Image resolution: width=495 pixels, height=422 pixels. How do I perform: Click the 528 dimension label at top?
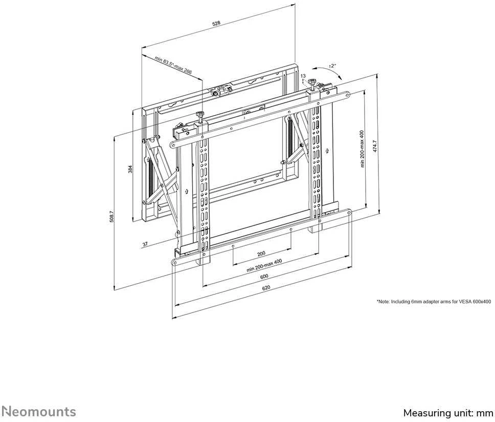tap(216, 23)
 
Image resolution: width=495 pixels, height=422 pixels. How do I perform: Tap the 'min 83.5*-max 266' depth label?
tap(173, 65)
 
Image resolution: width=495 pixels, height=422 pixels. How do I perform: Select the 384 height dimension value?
tap(130, 170)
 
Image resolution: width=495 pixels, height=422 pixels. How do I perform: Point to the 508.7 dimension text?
tap(111, 217)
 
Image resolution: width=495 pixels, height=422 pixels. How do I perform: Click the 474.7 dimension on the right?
tap(375, 146)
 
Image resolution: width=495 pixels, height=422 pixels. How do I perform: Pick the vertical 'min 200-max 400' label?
tap(362, 149)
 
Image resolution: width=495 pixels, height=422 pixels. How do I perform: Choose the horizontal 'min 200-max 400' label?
tap(264, 265)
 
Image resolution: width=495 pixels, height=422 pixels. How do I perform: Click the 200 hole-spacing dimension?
tap(261, 254)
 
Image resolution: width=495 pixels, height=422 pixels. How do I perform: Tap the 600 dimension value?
tap(264, 276)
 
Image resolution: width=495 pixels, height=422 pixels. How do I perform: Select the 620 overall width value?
tap(266, 288)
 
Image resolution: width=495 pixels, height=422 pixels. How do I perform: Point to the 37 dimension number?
tap(145, 244)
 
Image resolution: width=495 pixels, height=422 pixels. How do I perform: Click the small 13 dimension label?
tap(303, 76)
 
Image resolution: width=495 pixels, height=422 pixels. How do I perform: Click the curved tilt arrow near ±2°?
tap(328, 70)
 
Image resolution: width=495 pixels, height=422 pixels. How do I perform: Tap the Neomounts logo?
tap(38, 412)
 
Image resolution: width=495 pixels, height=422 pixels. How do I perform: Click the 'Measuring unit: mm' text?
tap(448, 413)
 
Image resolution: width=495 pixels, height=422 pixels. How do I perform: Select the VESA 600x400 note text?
tap(434, 302)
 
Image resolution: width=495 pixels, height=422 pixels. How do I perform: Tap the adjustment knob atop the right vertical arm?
tap(312, 82)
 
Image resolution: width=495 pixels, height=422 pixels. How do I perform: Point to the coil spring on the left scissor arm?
tap(150, 177)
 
